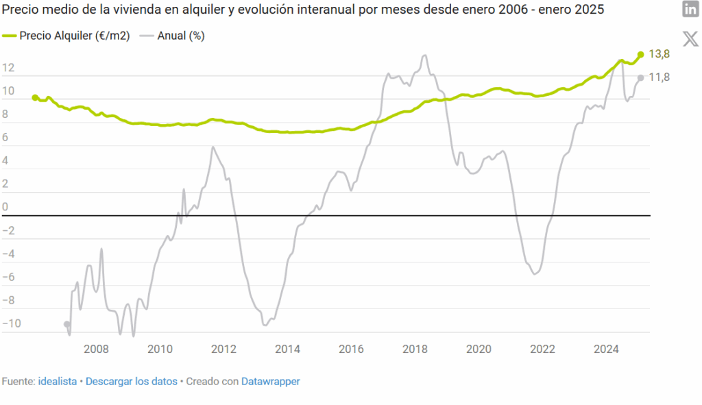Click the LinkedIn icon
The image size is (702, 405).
[x=690, y=10]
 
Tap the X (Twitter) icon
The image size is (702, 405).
[x=690, y=38]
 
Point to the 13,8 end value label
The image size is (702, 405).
[x=659, y=54]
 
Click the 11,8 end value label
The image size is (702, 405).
[x=659, y=77]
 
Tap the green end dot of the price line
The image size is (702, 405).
[x=640, y=54]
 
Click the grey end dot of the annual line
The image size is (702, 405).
[x=640, y=77]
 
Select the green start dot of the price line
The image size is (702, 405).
[x=35, y=98]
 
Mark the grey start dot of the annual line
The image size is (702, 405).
[x=66, y=324]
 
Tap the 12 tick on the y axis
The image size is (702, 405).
[x=8, y=68]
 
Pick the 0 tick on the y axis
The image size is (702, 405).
[x=5, y=207]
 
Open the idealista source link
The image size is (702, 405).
[x=58, y=381]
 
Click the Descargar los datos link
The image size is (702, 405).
[x=131, y=381]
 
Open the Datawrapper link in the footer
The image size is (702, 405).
[x=270, y=381]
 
